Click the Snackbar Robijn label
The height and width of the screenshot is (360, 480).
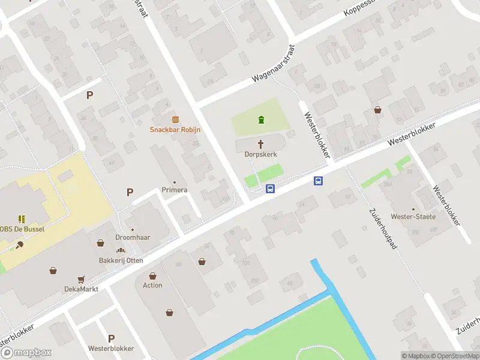pyautogui.click(x=175, y=130)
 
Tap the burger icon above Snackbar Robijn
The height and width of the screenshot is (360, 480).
pyautogui.click(x=175, y=118)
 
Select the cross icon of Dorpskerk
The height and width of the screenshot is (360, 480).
pyautogui.click(x=261, y=143)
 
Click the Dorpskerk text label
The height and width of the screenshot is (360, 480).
pyautogui.click(x=261, y=154)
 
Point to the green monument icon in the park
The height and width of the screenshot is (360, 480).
pyautogui.click(x=261, y=119)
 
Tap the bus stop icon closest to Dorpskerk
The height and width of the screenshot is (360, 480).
pyautogui.click(x=271, y=188)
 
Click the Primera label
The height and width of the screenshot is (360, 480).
pyautogui.click(x=175, y=190)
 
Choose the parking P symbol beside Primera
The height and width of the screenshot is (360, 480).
pyautogui.click(x=129, y=193)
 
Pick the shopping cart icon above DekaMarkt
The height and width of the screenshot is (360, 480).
pyautogui.click(x=81, y=279)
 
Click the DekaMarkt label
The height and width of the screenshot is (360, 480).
pyautogui.click(x=81, y=289)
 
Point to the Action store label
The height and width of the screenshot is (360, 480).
pyautogui.click(x=152, y=285)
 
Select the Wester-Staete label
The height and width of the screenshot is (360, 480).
pyautogui.click(x=413, y=217)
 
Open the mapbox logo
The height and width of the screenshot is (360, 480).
pyautogui.click(x=26, y=353)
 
